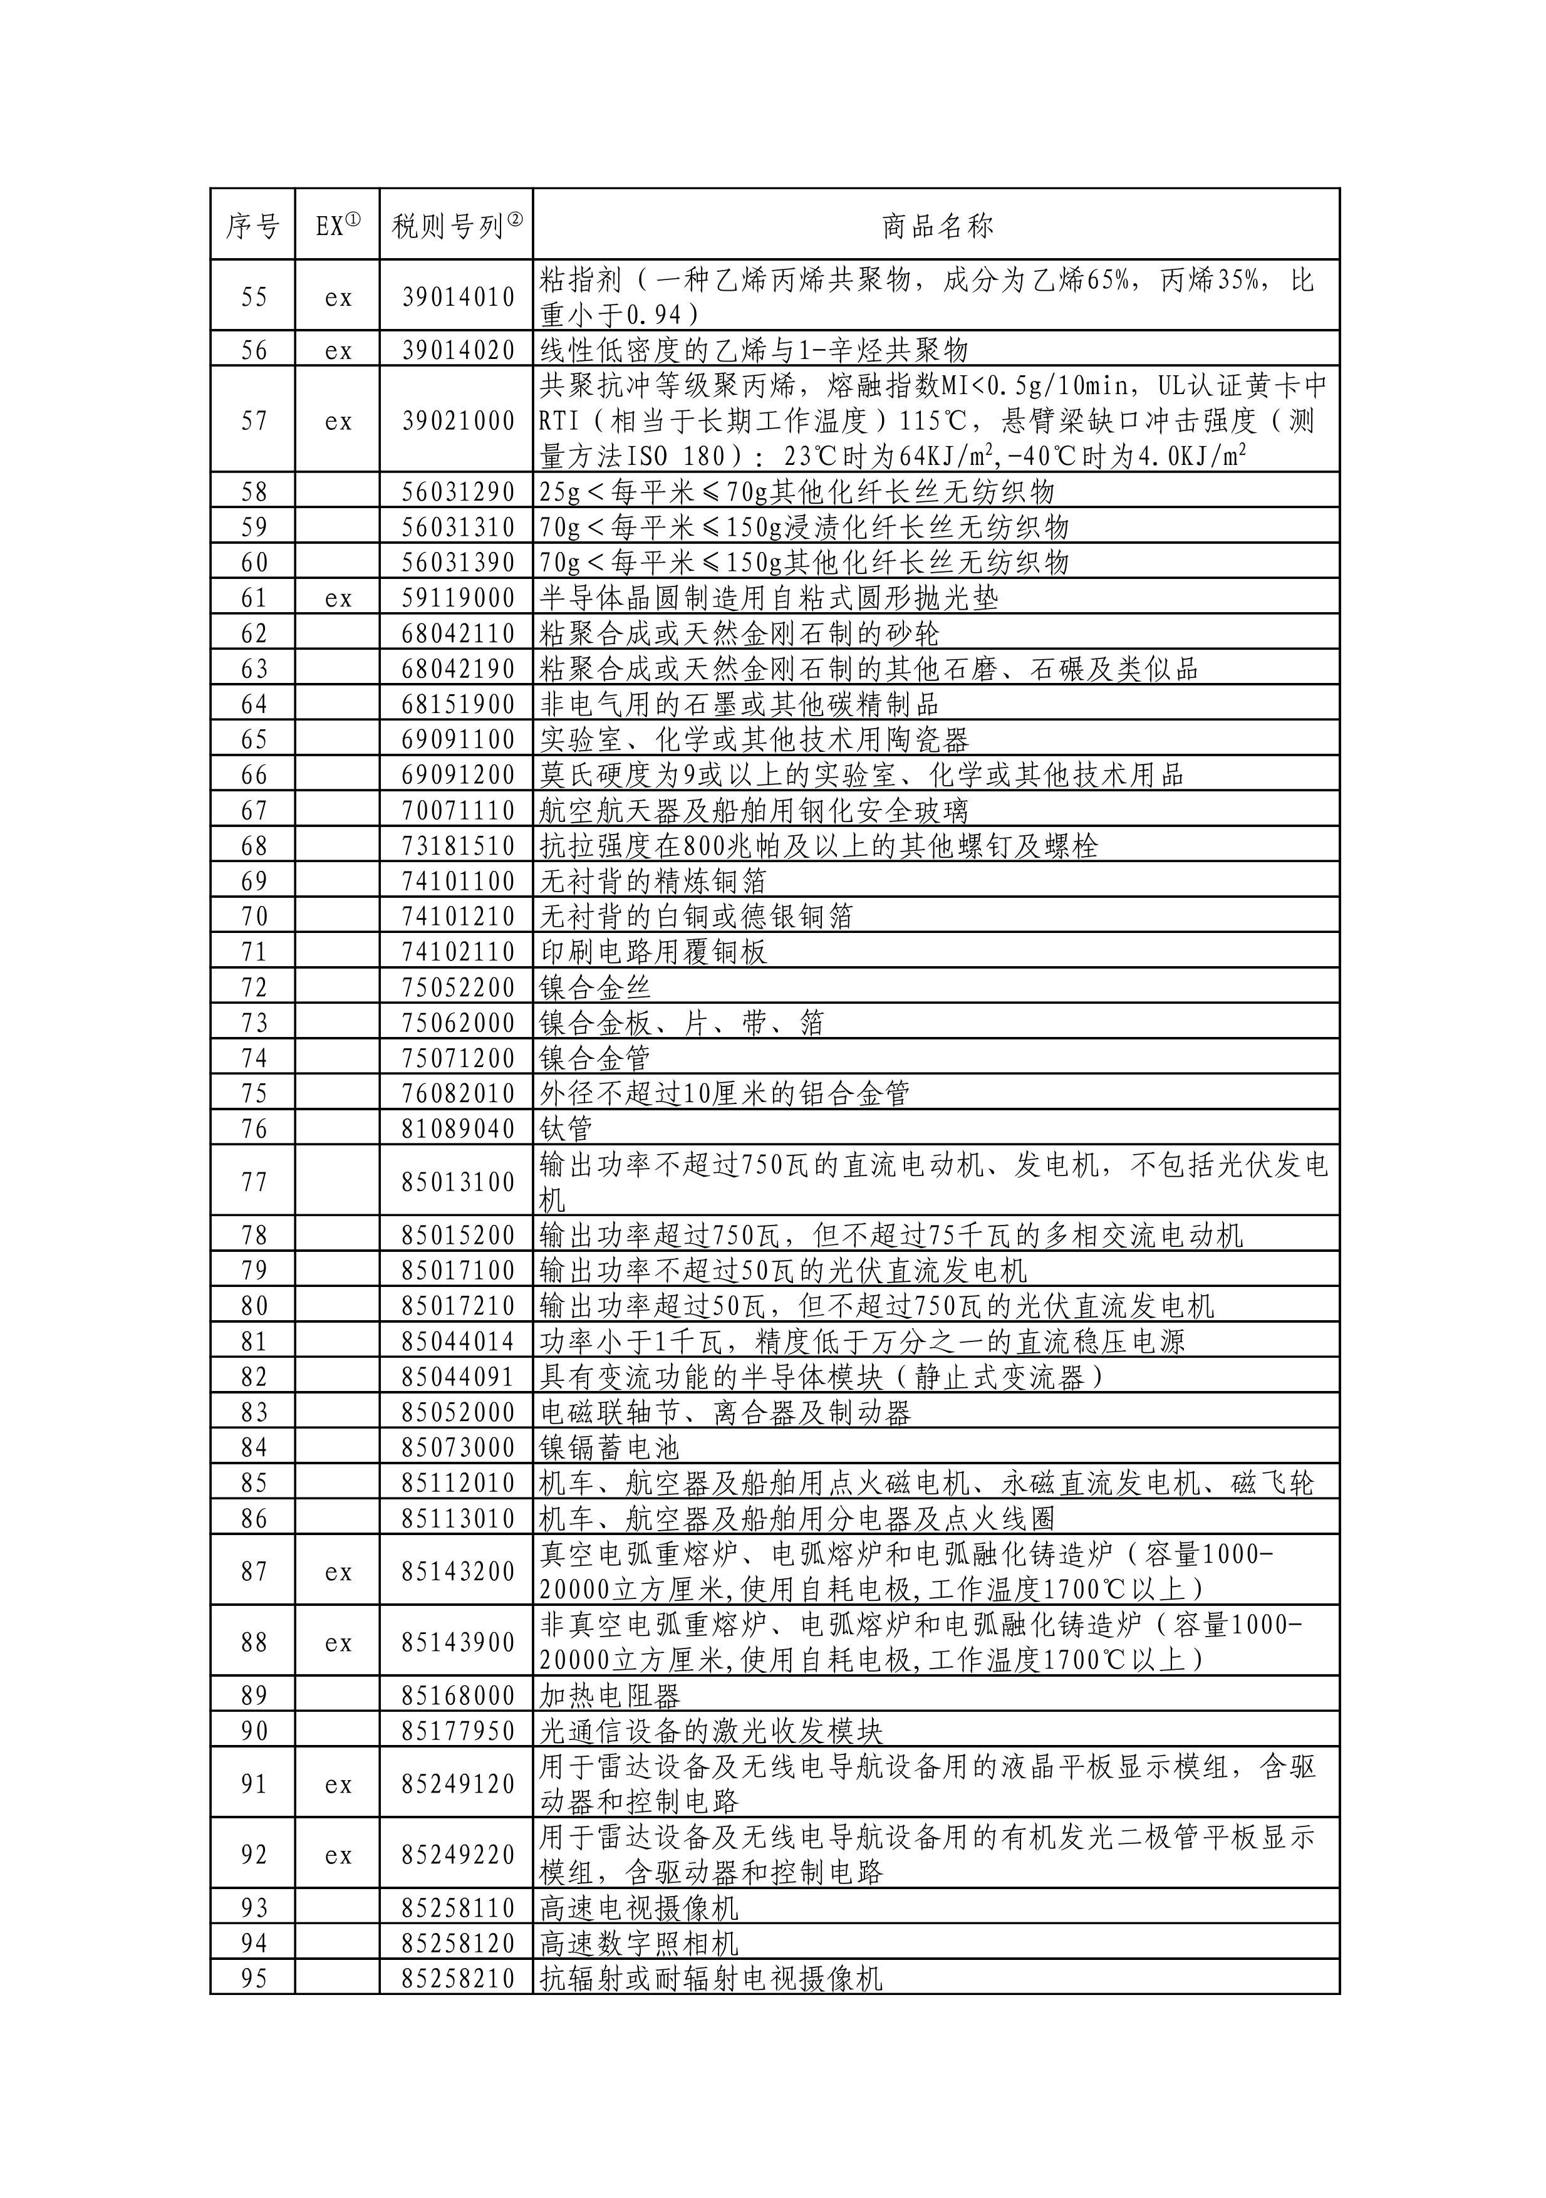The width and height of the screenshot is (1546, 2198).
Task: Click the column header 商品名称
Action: (936, 226)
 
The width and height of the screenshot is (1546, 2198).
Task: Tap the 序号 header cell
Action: (252, 226)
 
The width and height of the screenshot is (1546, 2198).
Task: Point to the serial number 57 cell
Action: (254, 420)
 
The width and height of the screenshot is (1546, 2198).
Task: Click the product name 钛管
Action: (566, 1128)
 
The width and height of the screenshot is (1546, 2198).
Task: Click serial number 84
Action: (254, 1447)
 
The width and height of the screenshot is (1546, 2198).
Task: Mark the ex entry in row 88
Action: (338, 1643)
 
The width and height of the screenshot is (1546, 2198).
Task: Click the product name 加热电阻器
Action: (609, 1695)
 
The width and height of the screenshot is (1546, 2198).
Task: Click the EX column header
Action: (338, 226)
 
